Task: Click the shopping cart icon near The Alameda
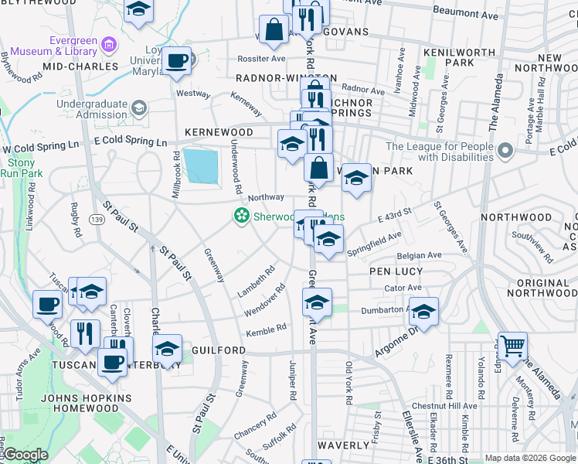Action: click(512, 346)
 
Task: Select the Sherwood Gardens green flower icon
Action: click(242, 215)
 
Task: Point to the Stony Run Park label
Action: click(21, 168)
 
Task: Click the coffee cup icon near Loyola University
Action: click(177, 61)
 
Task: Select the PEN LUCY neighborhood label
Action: click(396, 271)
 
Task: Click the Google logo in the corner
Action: click(25, 455)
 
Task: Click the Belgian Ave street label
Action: click(419, 254)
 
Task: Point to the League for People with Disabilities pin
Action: click(505, 149)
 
